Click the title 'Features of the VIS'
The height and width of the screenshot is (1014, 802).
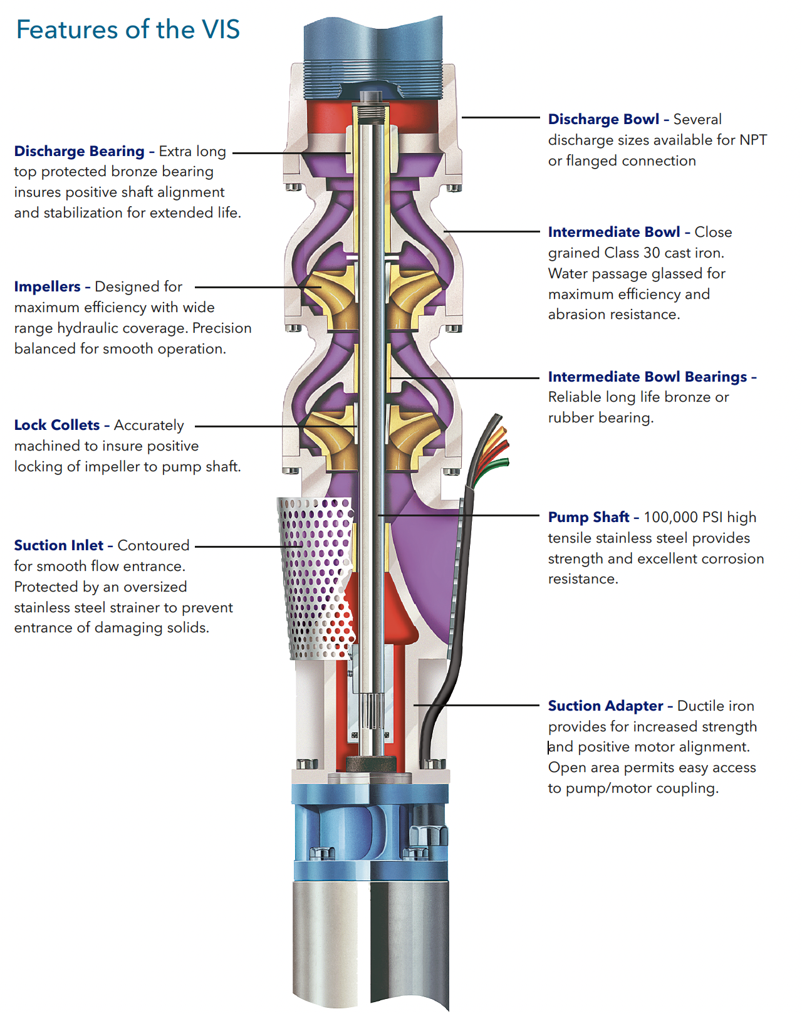[x=128, y=29]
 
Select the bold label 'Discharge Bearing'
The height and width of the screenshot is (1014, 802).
[x=79, y=151]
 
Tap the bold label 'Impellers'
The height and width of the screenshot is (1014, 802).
[x=47, y=286]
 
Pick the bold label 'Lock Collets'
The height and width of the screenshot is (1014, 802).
[x=56, y=425]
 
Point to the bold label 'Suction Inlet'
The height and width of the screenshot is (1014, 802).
[x=58, y=545]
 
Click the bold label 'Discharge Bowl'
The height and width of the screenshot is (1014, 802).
[x=603, y=119]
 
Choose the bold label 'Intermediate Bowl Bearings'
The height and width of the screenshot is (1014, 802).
[x=647, y=377]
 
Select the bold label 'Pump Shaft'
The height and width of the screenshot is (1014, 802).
[x=588, y=517]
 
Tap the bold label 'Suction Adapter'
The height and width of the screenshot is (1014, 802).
[x=605, y=706]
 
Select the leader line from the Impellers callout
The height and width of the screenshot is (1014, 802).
[x=251, y=287]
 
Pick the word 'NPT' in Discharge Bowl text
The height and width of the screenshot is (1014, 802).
[x=753, y=140]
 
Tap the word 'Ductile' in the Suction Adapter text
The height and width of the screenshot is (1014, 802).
[x=699, y=706]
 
